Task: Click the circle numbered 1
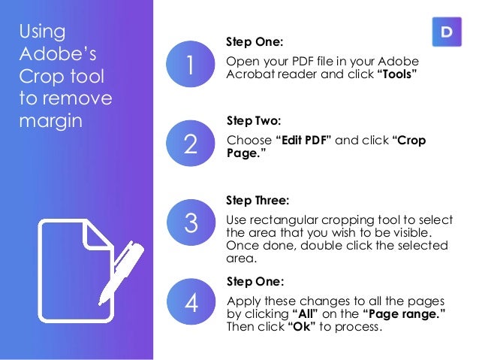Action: click(190, 64)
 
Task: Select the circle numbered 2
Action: click(190, 143)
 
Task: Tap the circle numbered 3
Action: click(191, 222)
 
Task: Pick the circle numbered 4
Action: click(191, 301)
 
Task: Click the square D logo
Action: click(447, 32)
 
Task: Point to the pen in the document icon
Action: click(122, 272)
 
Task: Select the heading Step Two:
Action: click(254, 121)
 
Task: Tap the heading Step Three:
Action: click(258, 201)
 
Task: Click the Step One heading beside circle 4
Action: click(255, 281)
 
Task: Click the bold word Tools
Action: click(397, 74)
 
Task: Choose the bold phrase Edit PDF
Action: click(303, 140)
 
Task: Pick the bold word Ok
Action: click(302, 327)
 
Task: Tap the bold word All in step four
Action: click(306, 314)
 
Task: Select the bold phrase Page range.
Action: click(404, 314)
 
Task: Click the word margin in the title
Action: click(51, 122)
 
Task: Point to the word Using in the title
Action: click(42, 32)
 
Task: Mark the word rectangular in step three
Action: click(284, 220)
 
